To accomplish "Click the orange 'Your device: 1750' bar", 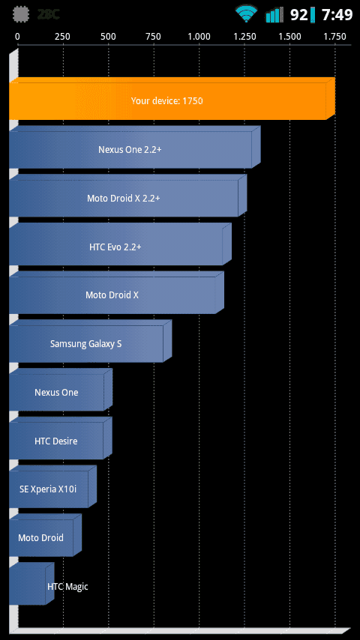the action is pos(172,98).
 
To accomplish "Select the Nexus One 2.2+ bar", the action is pos(135,147).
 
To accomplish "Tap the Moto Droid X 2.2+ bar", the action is pos(128,196).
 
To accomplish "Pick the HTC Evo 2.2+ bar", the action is pos(120,244).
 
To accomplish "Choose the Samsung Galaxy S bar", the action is pos(90,341).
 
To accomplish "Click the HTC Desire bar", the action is pos(61,438).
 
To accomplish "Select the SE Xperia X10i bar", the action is pos(52,486).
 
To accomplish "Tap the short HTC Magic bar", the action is pos(31,584).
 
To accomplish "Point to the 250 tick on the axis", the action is pos(62,37).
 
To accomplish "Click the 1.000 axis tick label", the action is pos(199,37).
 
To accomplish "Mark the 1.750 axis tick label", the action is pos(335,37).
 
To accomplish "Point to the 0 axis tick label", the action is pos(17,37).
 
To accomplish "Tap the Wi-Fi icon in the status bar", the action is pos(246,14).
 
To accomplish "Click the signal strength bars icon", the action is pos(274,15).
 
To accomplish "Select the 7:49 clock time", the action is pos(337,15).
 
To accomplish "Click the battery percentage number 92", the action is pos(298,15).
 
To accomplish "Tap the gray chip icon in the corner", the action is pos(22,15).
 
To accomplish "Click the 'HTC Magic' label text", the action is pos(67,587).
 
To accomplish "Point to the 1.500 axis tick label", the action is pos(289,37).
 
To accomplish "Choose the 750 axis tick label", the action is pos(154,37).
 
